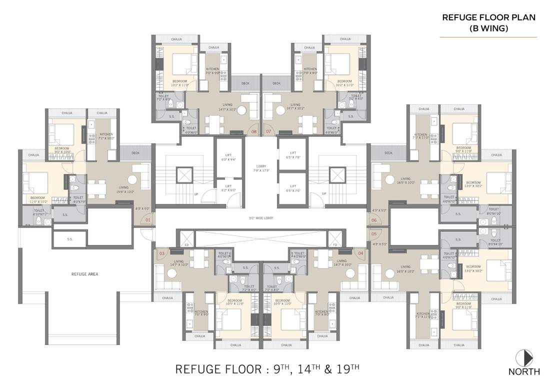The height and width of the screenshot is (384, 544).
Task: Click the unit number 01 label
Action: point(147,219)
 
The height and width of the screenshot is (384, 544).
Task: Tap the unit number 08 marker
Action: point(253,131)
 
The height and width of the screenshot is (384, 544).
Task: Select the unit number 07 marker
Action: point(268,131)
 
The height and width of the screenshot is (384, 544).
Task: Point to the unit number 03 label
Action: point(162,253)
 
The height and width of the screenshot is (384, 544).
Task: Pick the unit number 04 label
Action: point(360,253)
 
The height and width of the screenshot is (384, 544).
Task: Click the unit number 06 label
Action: point(373,220)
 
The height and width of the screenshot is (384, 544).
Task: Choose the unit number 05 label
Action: point(373,233)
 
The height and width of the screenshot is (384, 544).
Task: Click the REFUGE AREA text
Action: point(84,274)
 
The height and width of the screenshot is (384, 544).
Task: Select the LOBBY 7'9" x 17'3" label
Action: point(260,168)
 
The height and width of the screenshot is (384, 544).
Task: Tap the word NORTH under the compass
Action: point(524,371)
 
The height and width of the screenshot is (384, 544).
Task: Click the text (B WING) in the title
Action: point(489,28)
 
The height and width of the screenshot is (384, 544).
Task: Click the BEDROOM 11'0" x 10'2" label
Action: point(38,199)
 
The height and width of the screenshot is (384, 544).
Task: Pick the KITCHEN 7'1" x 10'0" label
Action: point(106,136)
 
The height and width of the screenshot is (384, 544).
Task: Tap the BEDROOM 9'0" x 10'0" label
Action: point(61,150)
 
